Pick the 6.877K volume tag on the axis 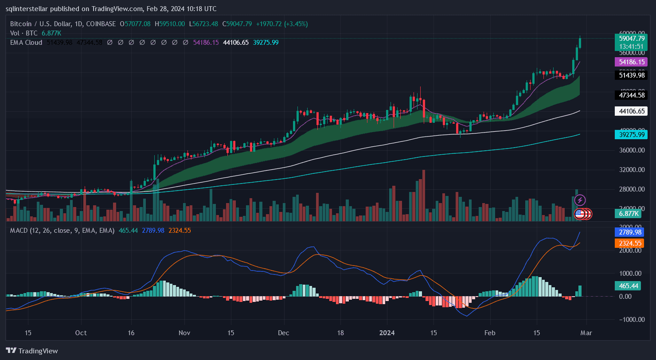click(x=628, y=214)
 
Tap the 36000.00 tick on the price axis click(x=632, y=150)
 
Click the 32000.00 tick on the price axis click(x=632, y=170)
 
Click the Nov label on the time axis click(x=185, y=333)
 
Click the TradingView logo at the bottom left click(x=32, y=351)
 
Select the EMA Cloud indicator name click(x=26, y=43)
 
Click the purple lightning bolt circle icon click(x=580, y=200)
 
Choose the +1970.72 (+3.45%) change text click(x=281, y=23)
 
